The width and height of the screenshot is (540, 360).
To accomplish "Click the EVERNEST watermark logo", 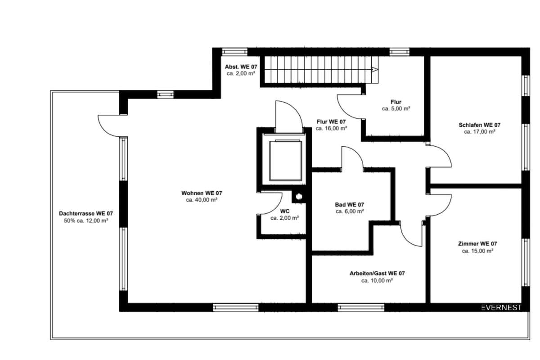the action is click(501, 307).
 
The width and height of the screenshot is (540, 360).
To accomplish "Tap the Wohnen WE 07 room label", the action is click(202, 193).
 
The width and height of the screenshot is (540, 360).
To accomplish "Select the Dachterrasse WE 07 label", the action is click(86, 213).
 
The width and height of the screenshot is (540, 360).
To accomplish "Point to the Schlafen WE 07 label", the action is click(480, 125).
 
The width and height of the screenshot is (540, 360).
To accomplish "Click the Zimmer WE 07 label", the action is click(477, 244).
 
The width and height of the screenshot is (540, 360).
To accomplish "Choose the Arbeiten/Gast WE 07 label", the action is click(377, 274).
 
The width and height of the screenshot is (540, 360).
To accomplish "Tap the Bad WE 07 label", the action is click(350, 205).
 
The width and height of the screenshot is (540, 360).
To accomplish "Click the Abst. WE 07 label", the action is click(241, 67).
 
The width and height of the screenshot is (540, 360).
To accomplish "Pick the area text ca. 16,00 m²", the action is click(331, 129).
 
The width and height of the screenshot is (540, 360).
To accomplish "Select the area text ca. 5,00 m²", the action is click(396, 109).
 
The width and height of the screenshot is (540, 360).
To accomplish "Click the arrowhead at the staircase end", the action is click(374, 70).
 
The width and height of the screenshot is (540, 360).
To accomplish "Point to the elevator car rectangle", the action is click(286, 161).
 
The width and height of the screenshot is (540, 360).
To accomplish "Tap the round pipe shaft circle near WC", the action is click(299, 197).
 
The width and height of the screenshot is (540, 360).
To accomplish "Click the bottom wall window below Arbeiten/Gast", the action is click(361, 307).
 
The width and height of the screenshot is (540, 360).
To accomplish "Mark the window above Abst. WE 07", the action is click(234, 52).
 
